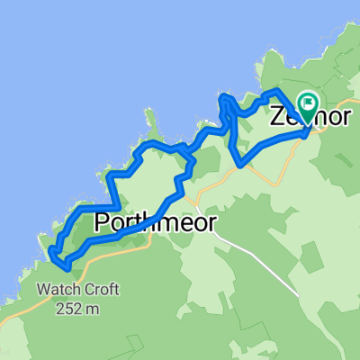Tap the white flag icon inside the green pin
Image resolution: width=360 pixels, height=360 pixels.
click(309, 103)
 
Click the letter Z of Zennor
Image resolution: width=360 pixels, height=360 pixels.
click(276, 119)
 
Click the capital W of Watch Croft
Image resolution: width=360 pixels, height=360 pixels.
click(41, 291)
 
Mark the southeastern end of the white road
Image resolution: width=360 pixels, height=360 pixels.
click(298, 293)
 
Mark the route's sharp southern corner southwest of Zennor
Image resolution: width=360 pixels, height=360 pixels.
click(240, 165)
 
